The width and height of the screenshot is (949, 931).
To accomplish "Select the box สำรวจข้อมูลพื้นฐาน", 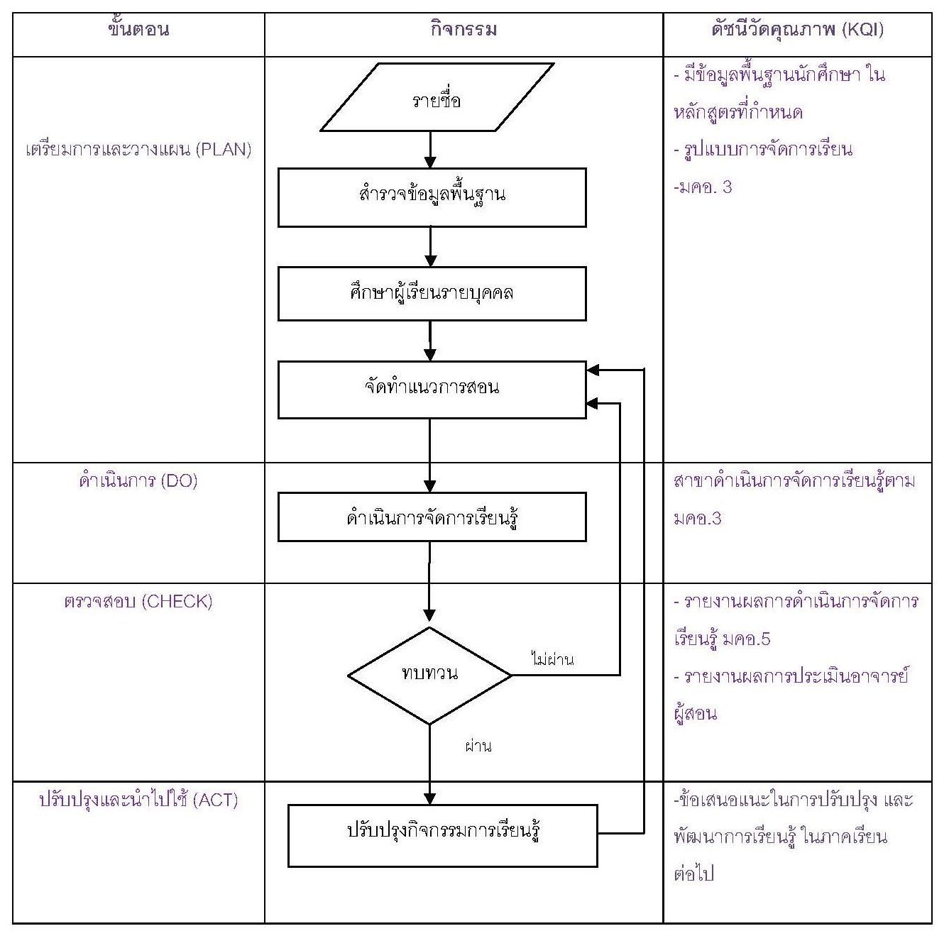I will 432,197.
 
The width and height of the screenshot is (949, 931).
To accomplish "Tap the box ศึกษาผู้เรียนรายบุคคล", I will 432,293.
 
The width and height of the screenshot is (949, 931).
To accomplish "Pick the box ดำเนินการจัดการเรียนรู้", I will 432,517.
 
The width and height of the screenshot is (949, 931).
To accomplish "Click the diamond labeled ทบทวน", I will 429,675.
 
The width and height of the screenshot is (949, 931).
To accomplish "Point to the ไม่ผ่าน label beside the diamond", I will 552,659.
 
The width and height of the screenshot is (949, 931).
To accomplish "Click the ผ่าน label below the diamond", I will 478,746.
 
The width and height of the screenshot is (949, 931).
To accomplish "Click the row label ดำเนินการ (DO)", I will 139,481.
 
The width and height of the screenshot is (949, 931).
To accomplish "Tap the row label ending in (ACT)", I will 139,800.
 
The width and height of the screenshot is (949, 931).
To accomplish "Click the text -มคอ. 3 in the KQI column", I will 702,187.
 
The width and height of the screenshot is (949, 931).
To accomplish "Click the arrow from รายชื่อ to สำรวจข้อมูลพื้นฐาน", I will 429,150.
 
